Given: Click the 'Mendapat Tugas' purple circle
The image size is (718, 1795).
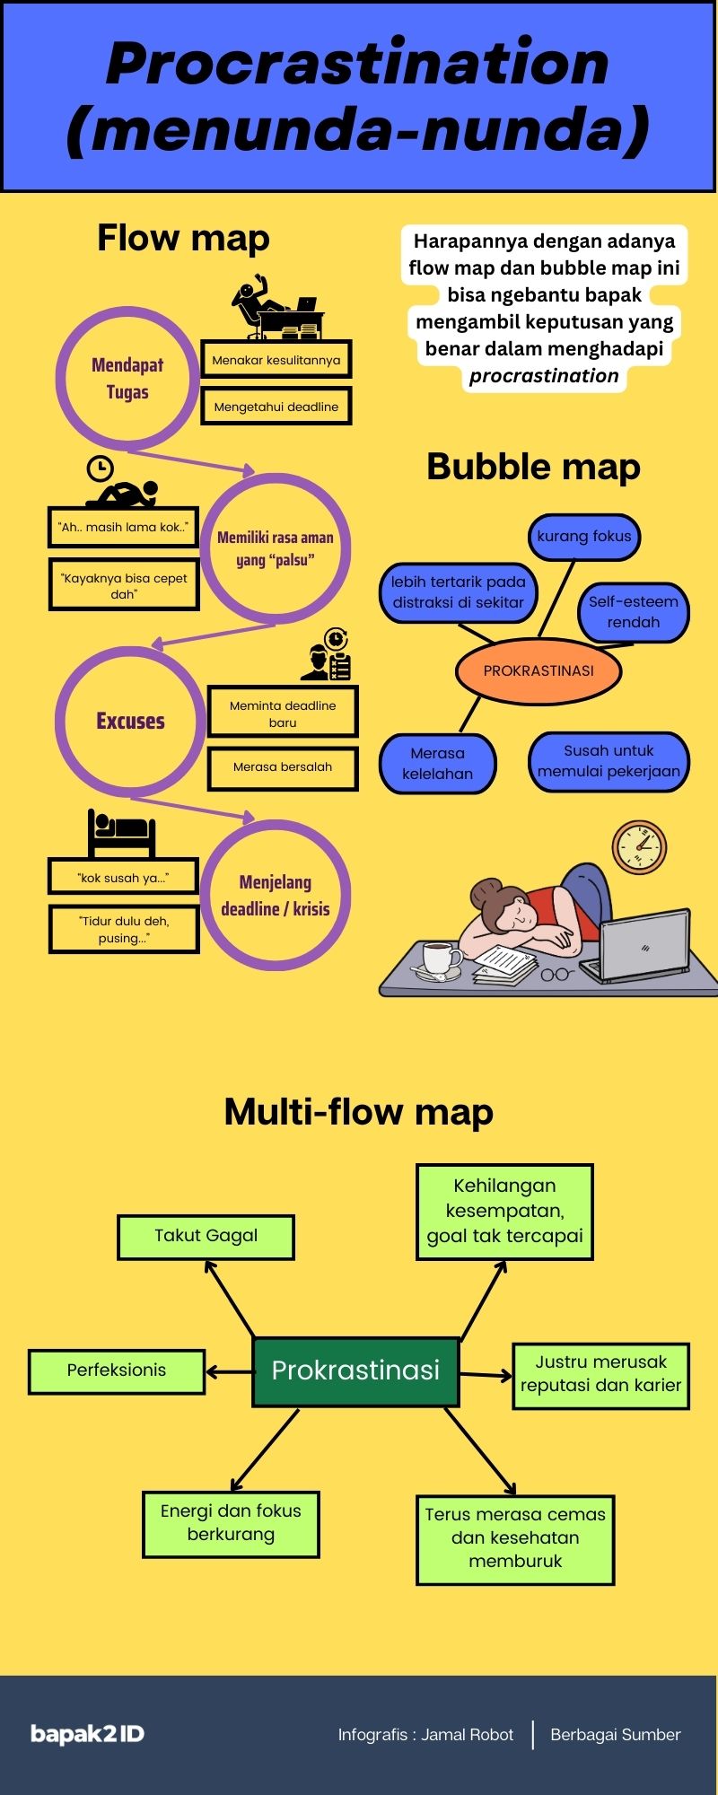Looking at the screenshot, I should (x=127, y=378).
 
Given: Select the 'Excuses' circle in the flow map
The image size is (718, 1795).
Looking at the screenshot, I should (x=131, y=722).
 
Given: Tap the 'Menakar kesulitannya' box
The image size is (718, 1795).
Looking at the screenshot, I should (x=276, y=360).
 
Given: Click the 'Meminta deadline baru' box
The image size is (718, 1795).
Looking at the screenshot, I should (x=283, y=714).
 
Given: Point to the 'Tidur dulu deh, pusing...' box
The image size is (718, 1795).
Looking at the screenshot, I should (x=124, y=930).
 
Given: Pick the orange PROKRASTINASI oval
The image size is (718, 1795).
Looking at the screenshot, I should (x=538, y=670).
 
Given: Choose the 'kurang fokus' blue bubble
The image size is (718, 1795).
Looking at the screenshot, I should (x=584, y=537).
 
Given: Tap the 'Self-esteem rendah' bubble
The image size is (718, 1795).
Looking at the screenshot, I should (x=634, y=612).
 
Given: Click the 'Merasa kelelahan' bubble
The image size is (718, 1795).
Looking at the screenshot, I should (x=437, y=764).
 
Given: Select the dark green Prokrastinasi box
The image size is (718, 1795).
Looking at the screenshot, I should (x=356, y=1370).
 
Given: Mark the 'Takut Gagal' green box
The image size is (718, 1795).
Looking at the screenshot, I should (x=206, y=1236).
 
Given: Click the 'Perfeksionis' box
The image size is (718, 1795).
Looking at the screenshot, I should (x=117, y=1370).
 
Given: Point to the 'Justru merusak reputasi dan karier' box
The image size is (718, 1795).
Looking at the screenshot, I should (x=600, y=1374).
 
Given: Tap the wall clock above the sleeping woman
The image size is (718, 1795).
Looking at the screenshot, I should (x=639, y=846).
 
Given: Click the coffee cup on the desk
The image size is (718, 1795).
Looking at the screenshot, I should (x=440, y=958).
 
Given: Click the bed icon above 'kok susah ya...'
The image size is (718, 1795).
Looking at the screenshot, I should (x=122, y=832).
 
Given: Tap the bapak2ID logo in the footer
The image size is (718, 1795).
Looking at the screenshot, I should (x=87, y=1734).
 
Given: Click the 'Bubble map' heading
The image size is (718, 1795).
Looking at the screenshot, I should (x=533, y=467).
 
